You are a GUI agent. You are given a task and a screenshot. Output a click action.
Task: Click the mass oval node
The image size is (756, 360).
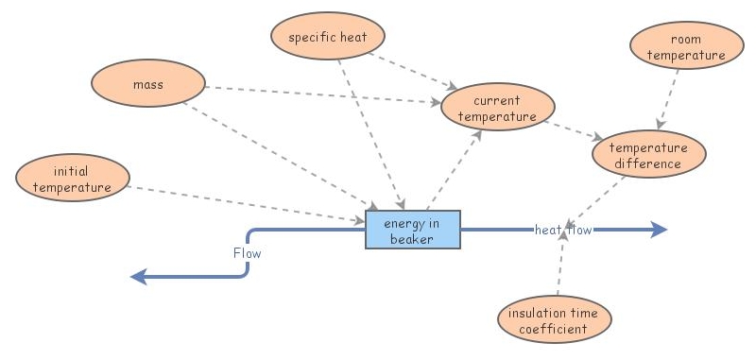point(147,85)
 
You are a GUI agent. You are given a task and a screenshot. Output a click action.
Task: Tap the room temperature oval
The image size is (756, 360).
point(686,48)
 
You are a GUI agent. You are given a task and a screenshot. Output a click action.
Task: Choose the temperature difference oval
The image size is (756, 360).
point(649,156)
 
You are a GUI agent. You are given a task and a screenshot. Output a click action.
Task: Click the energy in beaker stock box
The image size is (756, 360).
point(413,231)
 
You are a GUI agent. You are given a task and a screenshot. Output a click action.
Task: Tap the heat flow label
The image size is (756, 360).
point(563,230)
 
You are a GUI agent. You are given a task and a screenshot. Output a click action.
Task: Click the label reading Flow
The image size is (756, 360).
point(247,253)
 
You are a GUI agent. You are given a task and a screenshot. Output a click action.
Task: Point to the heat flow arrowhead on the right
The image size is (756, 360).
point(659,230)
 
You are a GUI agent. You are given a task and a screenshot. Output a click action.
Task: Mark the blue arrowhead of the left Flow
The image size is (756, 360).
point(139,276)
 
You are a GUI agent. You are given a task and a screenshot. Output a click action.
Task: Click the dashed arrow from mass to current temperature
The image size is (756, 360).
point(321,94)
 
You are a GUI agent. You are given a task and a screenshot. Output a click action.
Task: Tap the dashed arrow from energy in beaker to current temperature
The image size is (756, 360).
point(455,170)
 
